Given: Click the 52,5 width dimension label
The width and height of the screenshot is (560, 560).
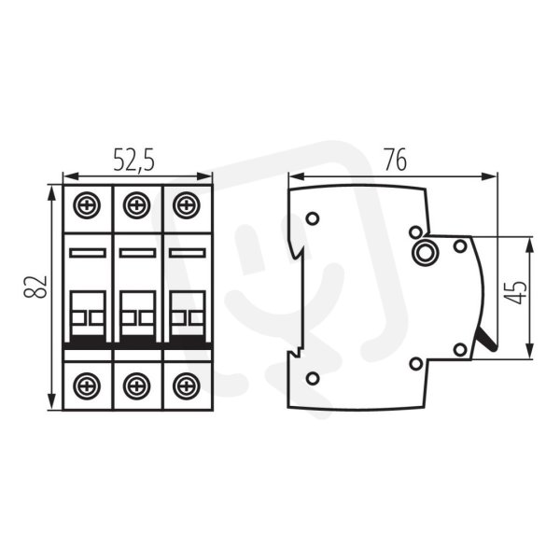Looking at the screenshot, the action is point(134,160).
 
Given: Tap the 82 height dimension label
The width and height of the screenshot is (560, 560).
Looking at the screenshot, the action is point(35,287).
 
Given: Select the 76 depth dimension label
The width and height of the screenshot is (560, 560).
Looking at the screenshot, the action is point(396,160).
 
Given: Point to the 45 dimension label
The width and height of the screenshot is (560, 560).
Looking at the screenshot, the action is point(517,292).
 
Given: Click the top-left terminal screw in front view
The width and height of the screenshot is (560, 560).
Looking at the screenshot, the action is point(87,205).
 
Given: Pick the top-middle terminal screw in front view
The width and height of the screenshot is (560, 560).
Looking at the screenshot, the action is point(137,205).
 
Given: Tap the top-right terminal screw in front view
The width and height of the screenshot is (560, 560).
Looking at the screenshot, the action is point(187,205).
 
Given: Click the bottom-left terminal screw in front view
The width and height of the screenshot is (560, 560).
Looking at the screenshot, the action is point(87,386).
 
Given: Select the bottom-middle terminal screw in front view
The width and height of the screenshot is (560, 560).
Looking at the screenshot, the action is point(137,386).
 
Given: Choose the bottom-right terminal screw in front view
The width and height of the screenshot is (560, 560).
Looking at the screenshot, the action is point(187,386).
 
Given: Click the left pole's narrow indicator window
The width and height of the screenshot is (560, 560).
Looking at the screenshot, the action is point(88,253).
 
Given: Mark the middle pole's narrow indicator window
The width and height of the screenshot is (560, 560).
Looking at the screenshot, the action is point(137,253).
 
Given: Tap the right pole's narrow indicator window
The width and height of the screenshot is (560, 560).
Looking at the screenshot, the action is point(188,253).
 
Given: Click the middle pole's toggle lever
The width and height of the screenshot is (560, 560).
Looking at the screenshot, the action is point(137,314).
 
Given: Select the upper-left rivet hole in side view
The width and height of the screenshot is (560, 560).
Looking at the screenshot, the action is point(313,218).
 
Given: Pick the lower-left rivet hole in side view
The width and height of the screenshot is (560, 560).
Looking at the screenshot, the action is point(313,378).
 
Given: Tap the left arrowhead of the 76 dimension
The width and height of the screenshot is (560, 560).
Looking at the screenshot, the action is point(297,176).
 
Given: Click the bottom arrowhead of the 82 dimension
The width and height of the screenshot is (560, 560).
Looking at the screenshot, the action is point(52,402).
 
